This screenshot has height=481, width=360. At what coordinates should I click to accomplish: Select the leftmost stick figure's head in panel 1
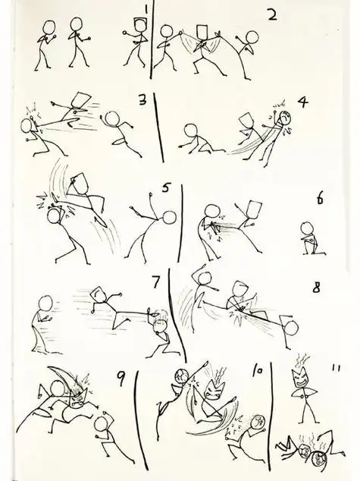pyautogui.click(x=48, y=28)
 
